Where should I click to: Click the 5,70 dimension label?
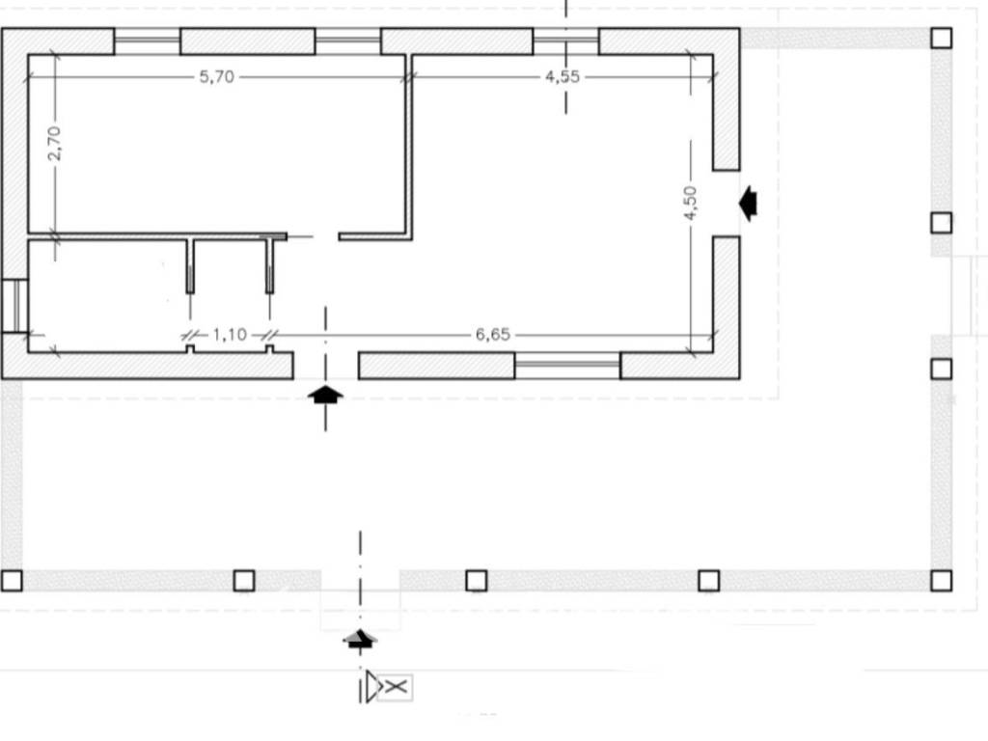tap(216, 77)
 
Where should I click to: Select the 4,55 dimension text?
tap(563, 77)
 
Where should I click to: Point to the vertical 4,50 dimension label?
tap(690, 203)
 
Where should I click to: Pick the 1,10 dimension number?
tap(230, 335)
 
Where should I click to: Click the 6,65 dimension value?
tap(492, 335)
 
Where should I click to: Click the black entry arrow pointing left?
tap(747, 204)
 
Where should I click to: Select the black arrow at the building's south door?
tap(325, 394)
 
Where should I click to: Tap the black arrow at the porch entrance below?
tap(360, 638)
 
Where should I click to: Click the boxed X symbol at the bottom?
tap(396, 687)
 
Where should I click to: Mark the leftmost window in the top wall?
tap(147, 41)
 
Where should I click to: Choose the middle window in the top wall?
tap(347, 41)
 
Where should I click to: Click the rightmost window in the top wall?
tap(565, 41)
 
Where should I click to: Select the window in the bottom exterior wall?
tap(566, 366)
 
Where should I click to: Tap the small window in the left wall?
tap(14, 305)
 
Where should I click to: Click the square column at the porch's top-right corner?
tap(941, 38)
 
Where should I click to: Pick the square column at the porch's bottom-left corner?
tap(12, 580)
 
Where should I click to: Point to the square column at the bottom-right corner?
tap(941, 580)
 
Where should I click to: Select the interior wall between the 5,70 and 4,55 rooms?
tap(409, 145)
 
